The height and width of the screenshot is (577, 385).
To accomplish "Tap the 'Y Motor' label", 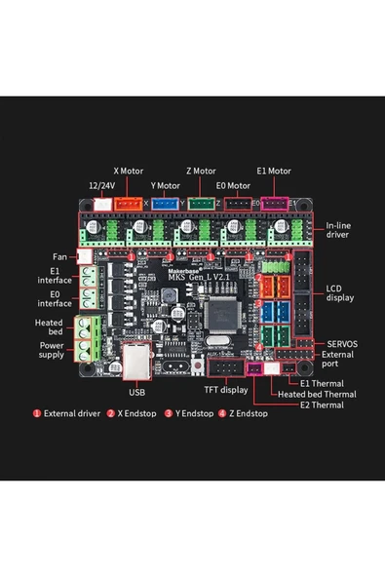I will click(x=165, y=185).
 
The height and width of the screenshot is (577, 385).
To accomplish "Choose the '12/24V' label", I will click(x=102, y=185).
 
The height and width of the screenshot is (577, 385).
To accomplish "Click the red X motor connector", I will click(x=129, y=204).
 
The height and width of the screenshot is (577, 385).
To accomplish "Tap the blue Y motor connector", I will click(x=165, y=204).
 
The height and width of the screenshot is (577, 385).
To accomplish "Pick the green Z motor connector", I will click(x=201, y=204).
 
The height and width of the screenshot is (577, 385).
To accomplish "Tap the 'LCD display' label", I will click(x=340, y=293).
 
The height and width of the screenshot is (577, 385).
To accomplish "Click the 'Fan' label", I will click(x=59, y=257).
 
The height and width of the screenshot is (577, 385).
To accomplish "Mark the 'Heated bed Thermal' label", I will click(x=317, y=394).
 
